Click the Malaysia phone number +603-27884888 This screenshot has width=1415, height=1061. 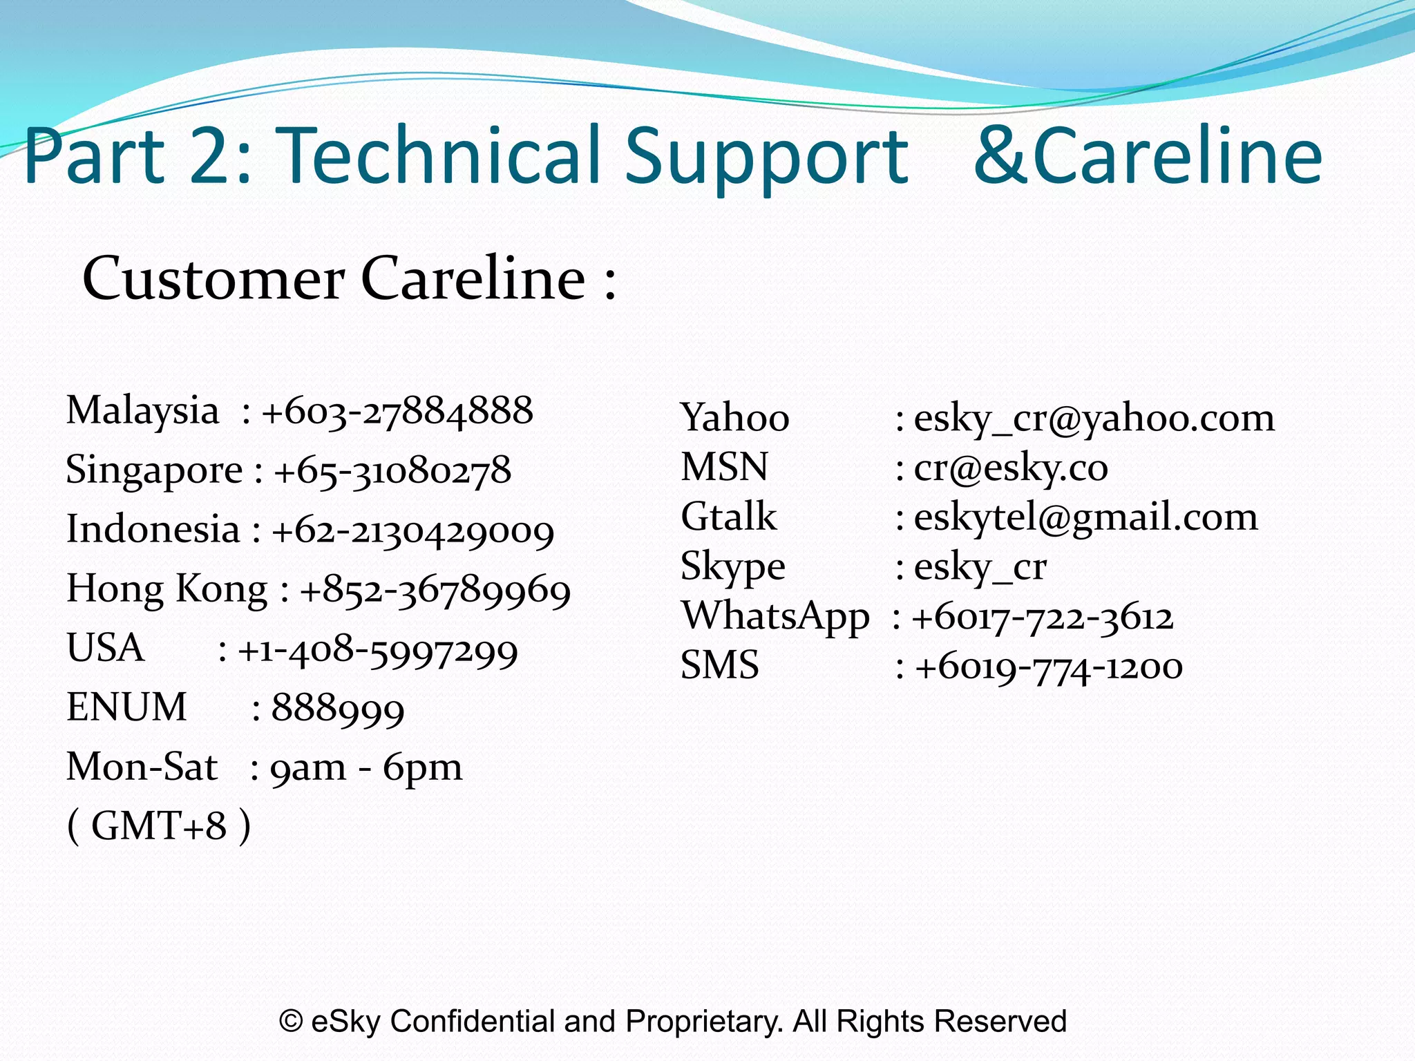pos(397,411)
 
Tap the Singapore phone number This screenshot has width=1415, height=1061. pos(392,471)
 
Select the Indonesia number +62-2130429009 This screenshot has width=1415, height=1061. pos(412,530)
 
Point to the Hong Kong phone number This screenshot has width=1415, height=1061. pos(435,591)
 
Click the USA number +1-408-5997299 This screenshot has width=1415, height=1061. pos(377,650)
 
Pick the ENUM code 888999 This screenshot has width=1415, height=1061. pos(337,709)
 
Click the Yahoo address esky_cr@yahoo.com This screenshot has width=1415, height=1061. pos(1094,419)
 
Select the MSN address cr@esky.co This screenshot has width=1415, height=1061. pos(1011,468)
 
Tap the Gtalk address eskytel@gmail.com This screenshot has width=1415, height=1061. pos(1085,517)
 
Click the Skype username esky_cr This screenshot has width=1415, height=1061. pos(980,567)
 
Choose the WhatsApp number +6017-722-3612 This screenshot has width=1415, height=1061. pos(1042,617)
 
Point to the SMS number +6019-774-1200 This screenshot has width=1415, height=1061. pos(1048,667)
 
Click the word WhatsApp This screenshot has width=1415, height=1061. pos(775,615)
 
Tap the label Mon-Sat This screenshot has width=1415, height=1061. pos(142,767)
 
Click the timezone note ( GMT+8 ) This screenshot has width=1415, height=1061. pos(159,826)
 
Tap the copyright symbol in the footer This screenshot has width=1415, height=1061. pos(291,1021)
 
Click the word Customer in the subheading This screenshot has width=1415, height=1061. pos(213,278)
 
